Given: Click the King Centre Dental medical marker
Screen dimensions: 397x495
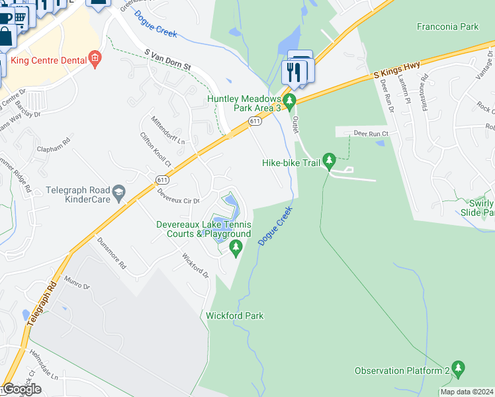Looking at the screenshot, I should point(95,60).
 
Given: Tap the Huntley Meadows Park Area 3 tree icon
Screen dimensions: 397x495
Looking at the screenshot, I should point(289,98).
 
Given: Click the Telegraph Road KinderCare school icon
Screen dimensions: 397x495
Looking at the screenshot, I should point(119,193).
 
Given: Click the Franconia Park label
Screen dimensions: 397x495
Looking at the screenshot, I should point(448,27).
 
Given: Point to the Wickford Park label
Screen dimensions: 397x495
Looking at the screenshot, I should point(235,316).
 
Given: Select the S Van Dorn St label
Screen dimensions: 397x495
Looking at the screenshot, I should point(167,60).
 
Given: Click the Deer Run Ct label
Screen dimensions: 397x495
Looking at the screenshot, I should point(370,133).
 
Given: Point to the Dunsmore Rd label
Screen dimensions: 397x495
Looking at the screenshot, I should point(111,253).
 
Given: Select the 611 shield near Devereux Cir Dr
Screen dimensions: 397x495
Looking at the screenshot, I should point(163,179).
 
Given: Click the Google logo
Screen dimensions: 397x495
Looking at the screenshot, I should point(22,389).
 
